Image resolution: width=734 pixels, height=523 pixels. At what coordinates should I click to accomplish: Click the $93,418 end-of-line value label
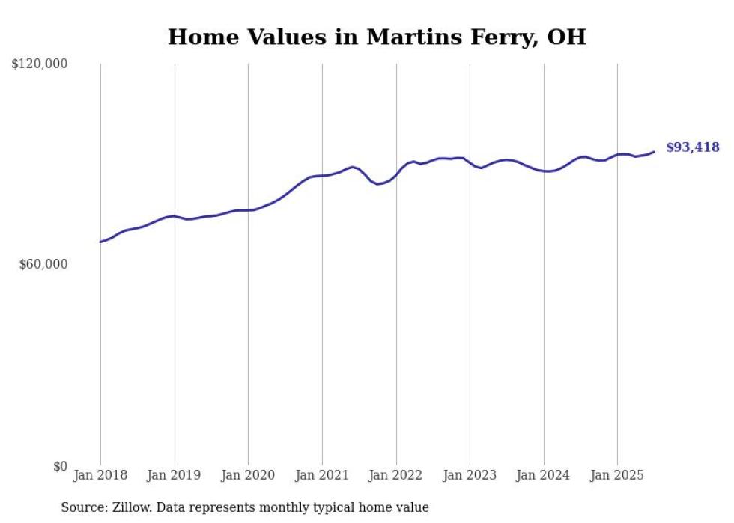(692, 147)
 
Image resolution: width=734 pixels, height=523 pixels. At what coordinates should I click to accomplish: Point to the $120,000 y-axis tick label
(40, 64)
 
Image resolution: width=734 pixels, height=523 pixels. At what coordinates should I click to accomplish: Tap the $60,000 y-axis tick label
(43, 264)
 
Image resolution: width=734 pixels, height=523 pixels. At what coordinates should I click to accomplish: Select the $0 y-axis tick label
(60, 466)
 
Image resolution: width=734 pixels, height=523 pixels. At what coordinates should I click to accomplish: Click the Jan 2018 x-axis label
(100, 475)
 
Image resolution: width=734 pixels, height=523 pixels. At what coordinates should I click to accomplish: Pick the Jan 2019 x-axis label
(175, 475)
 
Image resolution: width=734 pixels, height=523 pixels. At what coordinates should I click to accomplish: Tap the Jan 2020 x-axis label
(248, 475)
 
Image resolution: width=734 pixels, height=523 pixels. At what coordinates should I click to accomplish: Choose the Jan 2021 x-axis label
(322, 475)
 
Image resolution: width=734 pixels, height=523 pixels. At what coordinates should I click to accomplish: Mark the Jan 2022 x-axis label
(395, 475)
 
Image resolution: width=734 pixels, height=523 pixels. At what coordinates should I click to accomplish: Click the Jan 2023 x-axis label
(470, 475)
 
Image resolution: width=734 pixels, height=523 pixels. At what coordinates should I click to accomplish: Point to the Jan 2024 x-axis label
(544, 475)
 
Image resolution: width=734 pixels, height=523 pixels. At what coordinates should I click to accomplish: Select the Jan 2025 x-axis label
(617, 475)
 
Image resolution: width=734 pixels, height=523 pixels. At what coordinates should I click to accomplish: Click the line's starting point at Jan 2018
(100, 242)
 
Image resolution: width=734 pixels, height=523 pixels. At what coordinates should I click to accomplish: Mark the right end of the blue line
(654, 152)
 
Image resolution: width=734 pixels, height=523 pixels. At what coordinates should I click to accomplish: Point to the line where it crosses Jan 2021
(322, 176)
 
